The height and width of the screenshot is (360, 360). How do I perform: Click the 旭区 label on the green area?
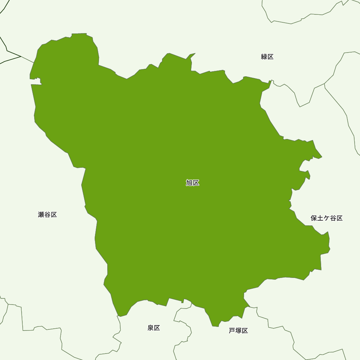pyautogui.click(x=193, y=183)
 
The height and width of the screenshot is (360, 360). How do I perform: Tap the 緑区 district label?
pyautogui.click(x=267, y=57)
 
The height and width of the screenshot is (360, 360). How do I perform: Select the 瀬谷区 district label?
pyautogui.click(x=48, y=215)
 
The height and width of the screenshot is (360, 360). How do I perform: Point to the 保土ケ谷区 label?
pyautogui.click(x=327, y=218)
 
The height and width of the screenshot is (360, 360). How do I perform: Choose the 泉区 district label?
pyautogui.click(x=154, y=328)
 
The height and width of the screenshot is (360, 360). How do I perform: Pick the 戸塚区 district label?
pyautogui.click(x=238, y=331)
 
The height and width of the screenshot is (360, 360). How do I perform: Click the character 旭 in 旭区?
pyautogui.click(x=189, y=183)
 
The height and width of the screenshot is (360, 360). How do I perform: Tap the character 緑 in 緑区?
pyautogui.click(x=264, y=57)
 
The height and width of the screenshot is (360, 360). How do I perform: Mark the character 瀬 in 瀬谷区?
pyautogui.click(x=41, y=215)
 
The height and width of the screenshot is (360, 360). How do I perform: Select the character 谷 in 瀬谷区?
pyautogui.click(x=48, y=215)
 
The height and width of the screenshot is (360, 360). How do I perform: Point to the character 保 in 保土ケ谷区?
pyautogui.click(x=314, y=218)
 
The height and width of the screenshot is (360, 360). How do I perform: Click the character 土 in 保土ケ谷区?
pyautogui.click(x=320, y=218)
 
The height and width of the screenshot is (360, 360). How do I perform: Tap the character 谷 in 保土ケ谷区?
pyautogui.click(x=333, y=218)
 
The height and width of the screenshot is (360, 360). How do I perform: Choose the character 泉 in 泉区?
pyautogui.click(x=150, y=328)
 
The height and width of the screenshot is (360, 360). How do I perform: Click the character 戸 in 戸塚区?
pyautogui.click(x=232, y=331)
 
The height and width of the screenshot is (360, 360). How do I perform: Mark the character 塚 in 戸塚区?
pyautogui.click(x=238, y=331)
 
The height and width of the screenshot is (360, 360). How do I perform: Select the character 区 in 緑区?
pyautogui.click(x=271, y=57)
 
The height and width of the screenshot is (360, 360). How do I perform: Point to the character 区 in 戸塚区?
pyautogui.click(x=245, y=331)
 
